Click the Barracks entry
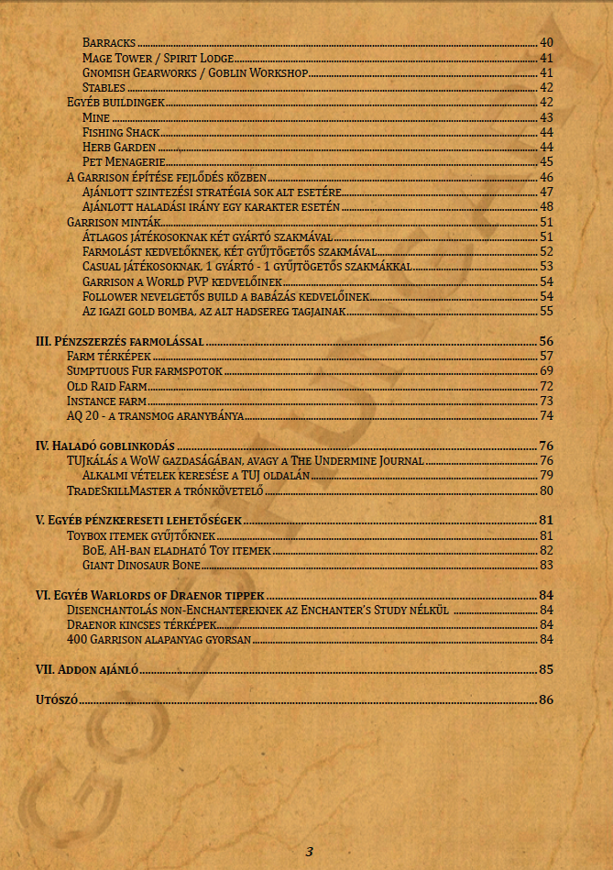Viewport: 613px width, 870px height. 109,42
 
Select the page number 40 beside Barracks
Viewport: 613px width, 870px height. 546,42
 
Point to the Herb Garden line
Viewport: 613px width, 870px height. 118,147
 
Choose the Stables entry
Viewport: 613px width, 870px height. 104,87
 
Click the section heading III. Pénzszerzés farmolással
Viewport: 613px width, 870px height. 119,341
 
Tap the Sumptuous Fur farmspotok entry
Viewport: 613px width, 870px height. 145,370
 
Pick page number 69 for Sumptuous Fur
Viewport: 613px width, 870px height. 546,370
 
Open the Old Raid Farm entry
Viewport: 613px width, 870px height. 106,386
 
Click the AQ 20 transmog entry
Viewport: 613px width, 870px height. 155,415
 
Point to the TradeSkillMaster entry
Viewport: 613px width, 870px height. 166,490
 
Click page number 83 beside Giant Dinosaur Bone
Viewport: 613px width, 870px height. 546,565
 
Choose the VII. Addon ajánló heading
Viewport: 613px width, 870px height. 86,669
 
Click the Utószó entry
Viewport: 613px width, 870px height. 56,699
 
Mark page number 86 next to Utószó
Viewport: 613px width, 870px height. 546,699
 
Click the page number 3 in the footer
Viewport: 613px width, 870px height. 310,852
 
